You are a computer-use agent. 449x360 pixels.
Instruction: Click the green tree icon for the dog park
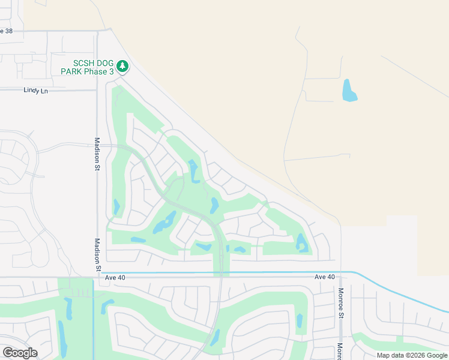[x=122, y=65]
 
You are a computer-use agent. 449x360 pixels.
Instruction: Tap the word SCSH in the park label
[x=82, y=63]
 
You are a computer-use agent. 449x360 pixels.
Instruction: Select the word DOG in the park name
[x=104, y=63]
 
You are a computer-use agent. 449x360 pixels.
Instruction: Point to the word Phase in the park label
[x=95, y=72]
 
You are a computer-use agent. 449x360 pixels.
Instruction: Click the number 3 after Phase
[x=111, y=72]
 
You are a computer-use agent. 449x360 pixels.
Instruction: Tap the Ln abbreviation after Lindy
[x=44, y=91]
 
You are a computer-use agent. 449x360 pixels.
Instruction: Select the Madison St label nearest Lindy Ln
[x=97, y=154]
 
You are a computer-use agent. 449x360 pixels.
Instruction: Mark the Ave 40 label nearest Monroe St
[x=325, y=277]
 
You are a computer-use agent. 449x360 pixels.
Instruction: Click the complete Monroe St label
[x=340, y=304]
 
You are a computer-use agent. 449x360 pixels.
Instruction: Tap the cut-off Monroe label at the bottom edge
[x=340, y=351]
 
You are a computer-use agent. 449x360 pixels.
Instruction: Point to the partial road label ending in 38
[x=6, y=31]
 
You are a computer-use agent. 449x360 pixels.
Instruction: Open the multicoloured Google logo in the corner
[x=20, y=353]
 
